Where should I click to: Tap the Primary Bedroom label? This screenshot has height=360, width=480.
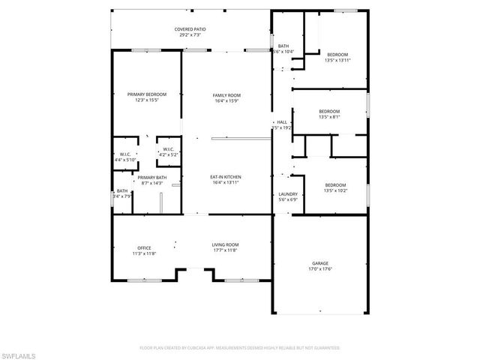point(147,94)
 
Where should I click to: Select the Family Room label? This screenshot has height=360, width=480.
point(226,95)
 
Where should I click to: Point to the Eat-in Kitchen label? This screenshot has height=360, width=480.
point(226,177)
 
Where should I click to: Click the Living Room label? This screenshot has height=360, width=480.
point(226,244)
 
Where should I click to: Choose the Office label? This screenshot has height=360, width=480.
point(144,247)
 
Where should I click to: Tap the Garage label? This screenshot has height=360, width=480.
point(320,263)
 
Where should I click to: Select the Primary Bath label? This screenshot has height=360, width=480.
point(152,178)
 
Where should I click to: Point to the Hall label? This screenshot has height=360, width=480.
point(282,122)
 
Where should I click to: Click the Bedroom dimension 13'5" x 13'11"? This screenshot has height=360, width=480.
point(337,60)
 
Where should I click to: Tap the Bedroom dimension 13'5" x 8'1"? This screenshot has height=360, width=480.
point(329,117)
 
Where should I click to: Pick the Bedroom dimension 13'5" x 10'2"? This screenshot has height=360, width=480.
point(335,190)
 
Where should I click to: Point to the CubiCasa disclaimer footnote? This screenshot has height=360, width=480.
point(240,348)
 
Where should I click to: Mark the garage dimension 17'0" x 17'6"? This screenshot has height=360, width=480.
point(320,268)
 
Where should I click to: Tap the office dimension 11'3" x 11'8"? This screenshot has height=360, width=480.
point(144,253)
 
